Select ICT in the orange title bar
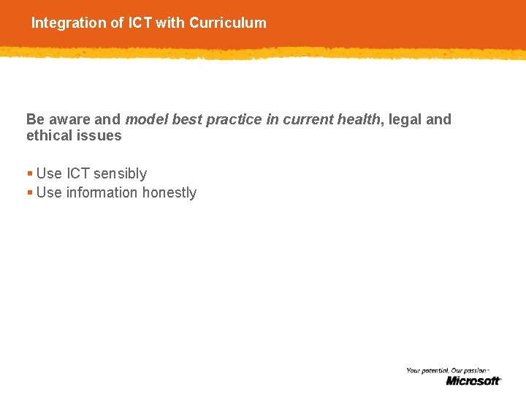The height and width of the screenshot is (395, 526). (x=140, y=23)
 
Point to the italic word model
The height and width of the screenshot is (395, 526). (x=145, y=119)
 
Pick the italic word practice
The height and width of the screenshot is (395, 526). (x=232, y=119)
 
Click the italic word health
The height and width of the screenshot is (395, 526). (x=358, y=119)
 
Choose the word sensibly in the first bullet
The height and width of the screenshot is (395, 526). (x=120, y=173)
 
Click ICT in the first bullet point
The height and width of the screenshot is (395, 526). (x=78, y=173)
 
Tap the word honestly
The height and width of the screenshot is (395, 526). (x=169, y=192)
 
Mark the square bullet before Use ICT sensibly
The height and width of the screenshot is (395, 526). (x=29, y=174)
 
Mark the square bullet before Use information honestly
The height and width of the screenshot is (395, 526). (x=29, y=193)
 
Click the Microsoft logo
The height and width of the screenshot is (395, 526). (x=473, y=380)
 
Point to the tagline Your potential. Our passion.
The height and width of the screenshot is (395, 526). (x=446, y=371)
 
